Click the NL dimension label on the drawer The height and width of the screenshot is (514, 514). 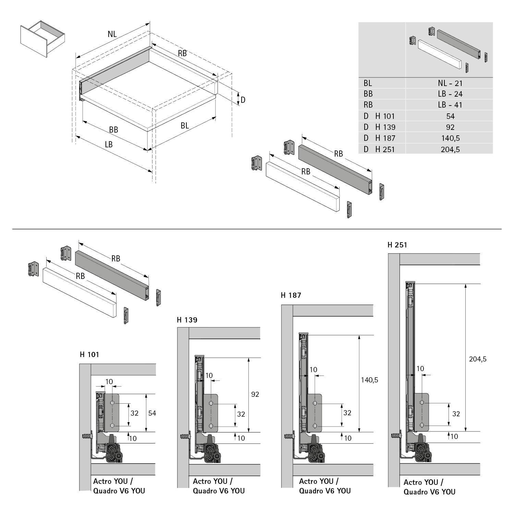tap(112, 34)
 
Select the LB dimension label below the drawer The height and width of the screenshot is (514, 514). tap(109, 144)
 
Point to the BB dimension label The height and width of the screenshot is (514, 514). tap(113, 130)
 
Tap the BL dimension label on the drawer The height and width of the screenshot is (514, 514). tap(185, 126)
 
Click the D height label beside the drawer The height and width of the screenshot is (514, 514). tap(243, 100)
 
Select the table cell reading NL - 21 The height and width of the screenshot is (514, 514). tap(450, 83)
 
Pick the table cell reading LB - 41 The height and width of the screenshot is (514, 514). tap(450, 105)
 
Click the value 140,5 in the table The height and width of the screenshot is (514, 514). tap(450, 138)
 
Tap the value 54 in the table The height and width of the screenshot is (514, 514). tap(450, 116)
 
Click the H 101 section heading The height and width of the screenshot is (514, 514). tap(89, 355)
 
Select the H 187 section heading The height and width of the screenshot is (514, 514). tap(291, 295)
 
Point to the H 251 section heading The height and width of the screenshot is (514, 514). tap(397, 245)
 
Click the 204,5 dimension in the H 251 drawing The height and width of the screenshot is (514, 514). tap(478, 359)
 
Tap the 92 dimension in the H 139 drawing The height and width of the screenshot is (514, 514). tap(255, 394)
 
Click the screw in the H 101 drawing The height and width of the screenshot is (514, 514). tap(87, 437)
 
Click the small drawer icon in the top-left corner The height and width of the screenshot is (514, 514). tap(42, 38)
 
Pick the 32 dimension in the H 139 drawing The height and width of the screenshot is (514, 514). tap(241, 414)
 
